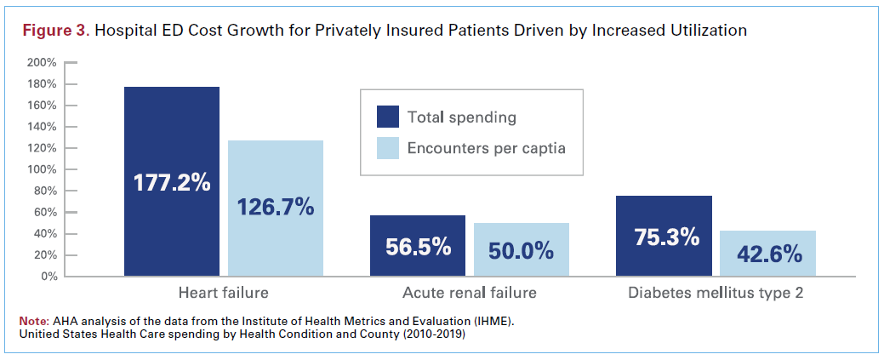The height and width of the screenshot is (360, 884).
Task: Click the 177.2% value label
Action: (172, 183)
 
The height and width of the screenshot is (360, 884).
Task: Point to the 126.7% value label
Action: (276, 207)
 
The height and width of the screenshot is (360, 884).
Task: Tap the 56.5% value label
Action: (418, 247)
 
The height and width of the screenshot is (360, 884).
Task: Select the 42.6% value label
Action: (767, 254)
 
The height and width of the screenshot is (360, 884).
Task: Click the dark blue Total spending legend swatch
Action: (388, 117)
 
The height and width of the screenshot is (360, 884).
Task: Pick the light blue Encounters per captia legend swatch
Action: (388, 148)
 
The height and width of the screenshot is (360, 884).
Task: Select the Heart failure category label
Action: (223, 294)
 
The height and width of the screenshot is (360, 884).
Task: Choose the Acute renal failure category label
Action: (469, 294)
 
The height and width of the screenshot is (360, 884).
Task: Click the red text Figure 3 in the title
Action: (54, 31)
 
